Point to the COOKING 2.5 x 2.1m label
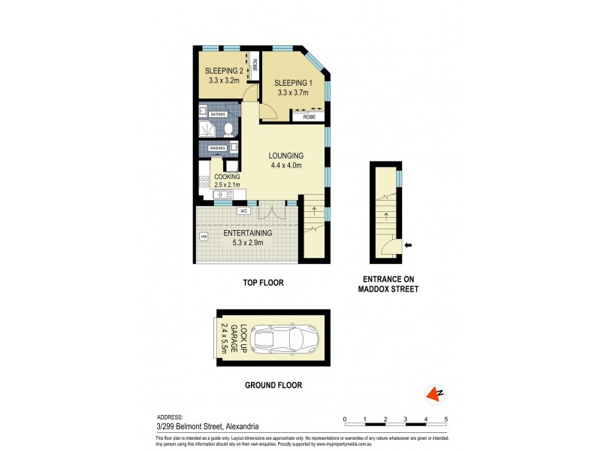227,180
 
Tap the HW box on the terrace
204,238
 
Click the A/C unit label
243,211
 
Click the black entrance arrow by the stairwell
407,245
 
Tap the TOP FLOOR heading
263,283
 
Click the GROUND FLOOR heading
273,385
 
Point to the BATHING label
218,114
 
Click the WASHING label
218,148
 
